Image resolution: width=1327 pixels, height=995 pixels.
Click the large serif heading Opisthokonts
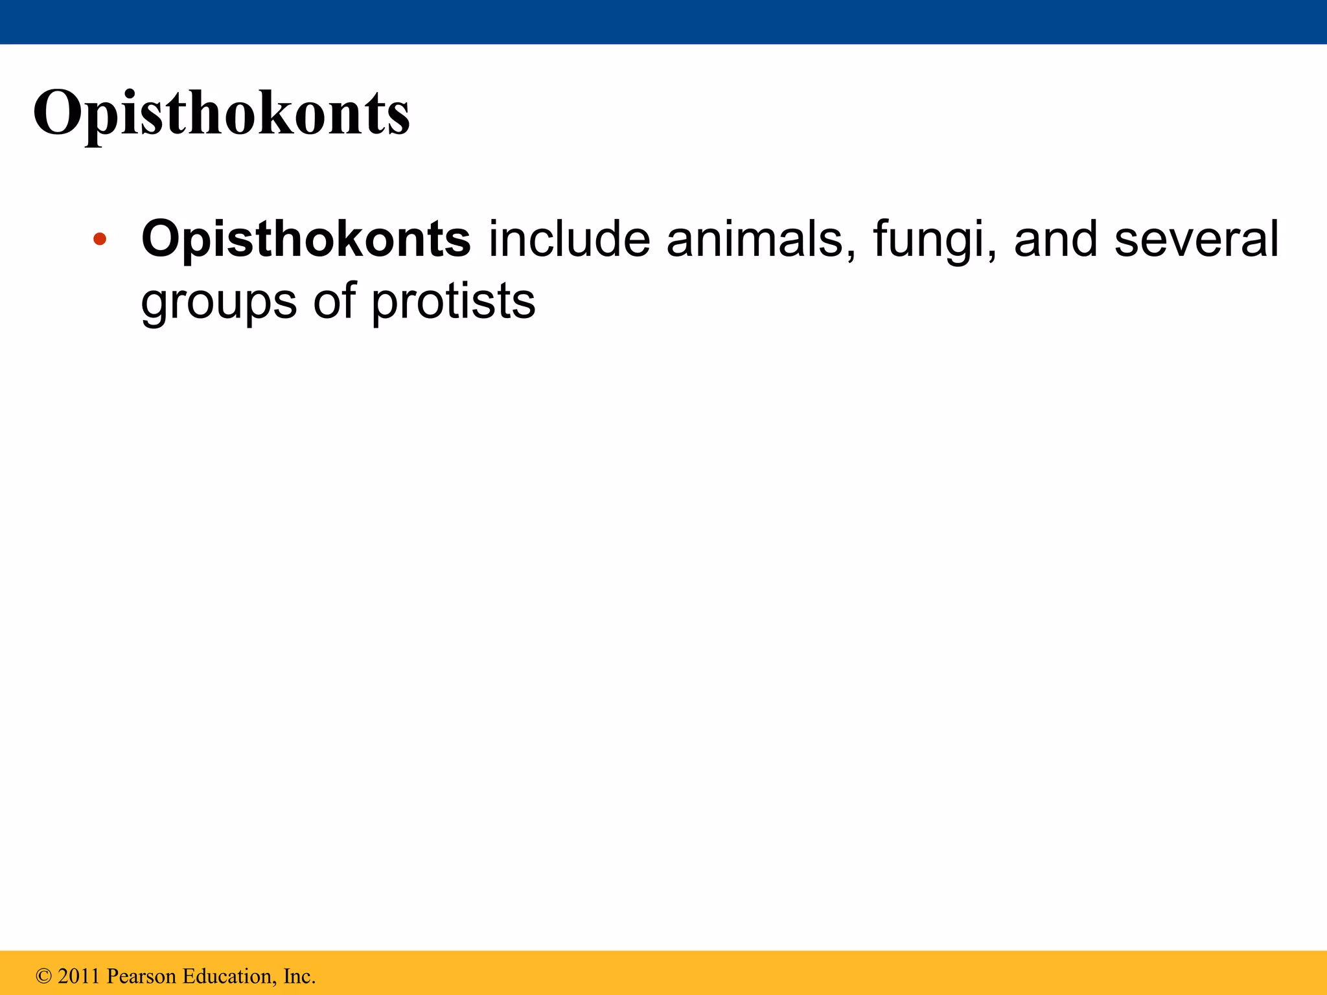[x=221, y=113]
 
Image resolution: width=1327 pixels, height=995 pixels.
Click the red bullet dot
[x=99, y=239]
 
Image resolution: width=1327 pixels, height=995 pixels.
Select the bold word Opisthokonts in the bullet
[x=306, y=239]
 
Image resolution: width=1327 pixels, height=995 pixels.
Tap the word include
[x=569, y=239]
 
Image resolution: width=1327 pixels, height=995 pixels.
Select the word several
[x=1196, y=239]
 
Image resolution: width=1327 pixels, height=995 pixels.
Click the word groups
[x=218, y=303]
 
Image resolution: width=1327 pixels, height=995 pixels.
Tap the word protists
[x=453, y=303]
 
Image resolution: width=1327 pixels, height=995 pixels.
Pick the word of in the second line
[x=334, y=301]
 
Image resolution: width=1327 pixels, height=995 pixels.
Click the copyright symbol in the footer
[x=43, y=976]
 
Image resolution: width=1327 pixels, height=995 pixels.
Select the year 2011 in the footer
[x=79, y=976]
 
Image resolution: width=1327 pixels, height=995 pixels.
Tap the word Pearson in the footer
[x=141, y=976]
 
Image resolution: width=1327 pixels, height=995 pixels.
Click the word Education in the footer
[x=227, y=976]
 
